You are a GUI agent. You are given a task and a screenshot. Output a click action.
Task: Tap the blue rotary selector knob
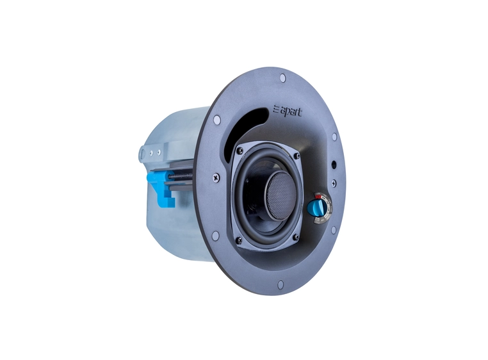(x=316, y=206)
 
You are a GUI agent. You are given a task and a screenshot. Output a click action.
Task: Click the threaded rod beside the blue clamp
(x=186, y=174)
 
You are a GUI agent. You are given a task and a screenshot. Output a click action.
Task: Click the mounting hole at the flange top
(x=282, y=78)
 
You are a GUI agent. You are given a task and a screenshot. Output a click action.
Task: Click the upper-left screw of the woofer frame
(x=240, y=151)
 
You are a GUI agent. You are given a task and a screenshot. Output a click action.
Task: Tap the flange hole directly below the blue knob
(x=333, y=230)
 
